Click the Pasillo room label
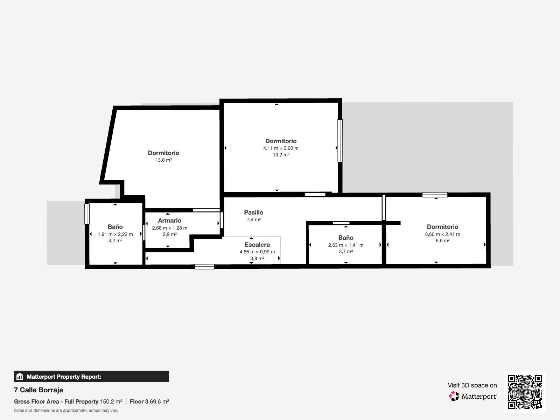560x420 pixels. click(254, 212)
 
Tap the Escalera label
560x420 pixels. click(257, 245)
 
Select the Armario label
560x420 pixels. click(170, 220)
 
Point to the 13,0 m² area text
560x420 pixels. click(163, 160)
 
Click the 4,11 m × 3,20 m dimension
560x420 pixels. click(281, 148)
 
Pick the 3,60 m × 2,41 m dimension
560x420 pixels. click(443, 234)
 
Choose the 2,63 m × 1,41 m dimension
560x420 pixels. click(346, 245)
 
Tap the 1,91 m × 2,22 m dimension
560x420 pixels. click(115, 234)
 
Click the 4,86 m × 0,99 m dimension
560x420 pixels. click(257, 252)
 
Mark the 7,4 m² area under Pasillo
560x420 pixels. click(254, 219)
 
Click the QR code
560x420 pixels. click(525, 392)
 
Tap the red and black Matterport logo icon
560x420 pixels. click(454, 396)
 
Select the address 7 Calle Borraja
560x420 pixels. click(38, 390)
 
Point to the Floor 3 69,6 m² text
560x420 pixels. click(149, 402)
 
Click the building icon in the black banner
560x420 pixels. click(20, 376)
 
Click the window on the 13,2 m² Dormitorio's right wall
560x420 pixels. click(340, 141)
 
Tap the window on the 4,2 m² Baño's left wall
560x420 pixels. click(87, 214)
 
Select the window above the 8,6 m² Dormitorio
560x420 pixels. click(435, 195)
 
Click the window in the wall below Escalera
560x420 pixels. click(204, 267)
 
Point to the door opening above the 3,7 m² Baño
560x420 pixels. click(341, 223)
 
